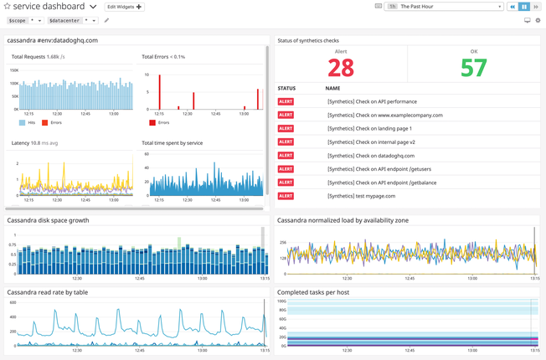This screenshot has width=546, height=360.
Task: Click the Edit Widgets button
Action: click(124, 7)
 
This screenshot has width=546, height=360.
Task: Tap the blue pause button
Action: click(525, 7)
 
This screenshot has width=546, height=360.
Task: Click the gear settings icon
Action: click(538, 20)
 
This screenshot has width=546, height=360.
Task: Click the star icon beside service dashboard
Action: click(8, 7)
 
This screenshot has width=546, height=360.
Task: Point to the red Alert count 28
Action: click(341, 68)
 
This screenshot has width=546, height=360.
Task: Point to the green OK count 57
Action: click(473, 68)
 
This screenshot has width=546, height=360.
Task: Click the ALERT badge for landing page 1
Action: click(286, 129)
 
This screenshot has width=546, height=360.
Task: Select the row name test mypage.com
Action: click(361, 196)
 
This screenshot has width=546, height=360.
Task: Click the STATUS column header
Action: click(286, 88)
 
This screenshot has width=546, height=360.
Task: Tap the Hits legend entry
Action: click(28, 122)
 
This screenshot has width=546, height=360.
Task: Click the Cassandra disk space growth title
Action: click(48, 221)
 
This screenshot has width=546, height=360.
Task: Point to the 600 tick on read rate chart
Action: click(13, 302)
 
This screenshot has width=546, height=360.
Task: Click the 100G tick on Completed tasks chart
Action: click(282, 301)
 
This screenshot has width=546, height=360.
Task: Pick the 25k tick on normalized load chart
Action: click(283, 243)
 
